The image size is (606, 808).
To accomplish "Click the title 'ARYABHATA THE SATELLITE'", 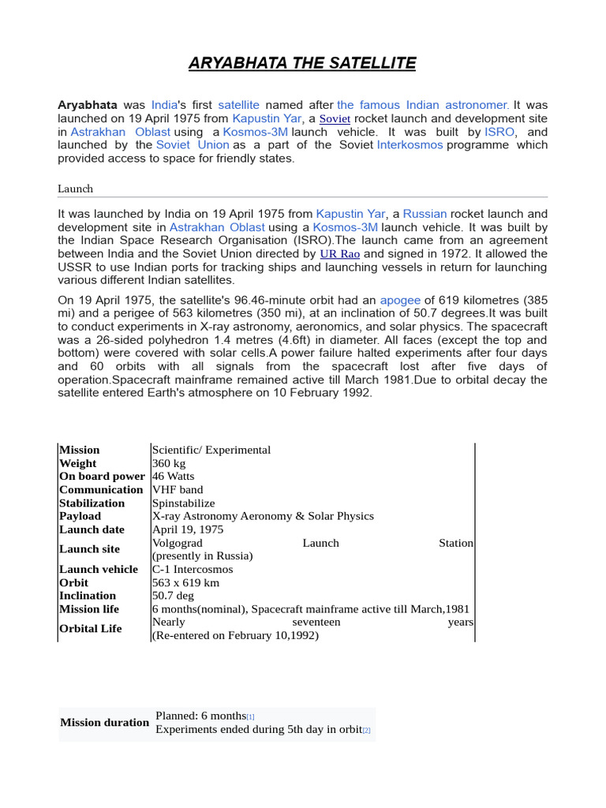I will [x=302, y=63].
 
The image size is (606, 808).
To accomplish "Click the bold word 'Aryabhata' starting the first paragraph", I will [x=88, y=105].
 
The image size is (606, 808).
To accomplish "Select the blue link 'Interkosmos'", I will [x=410, y=145].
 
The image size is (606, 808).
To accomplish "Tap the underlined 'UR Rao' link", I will [x=340, y=254].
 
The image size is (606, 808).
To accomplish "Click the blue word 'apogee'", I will [x=400, y=300].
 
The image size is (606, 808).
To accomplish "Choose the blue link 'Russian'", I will [x=425, y=214].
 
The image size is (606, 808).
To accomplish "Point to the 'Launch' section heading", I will [x=76, y=189].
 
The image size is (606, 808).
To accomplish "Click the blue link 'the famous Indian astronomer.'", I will [x=423, y=105].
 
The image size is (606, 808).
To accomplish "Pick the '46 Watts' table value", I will [x=173, y=477].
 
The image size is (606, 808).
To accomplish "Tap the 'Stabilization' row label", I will [x=92, y=503].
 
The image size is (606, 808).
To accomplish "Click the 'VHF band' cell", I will [x=178, y=490].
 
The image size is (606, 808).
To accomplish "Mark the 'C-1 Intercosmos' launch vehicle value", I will [x=193, y=569].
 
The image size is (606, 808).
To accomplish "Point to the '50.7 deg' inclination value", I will [x=173, y=596].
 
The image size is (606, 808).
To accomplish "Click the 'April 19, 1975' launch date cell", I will [x=188, y=529].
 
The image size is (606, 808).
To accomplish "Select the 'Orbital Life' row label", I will [x=91, y=629].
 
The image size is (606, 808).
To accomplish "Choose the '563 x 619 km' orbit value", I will [x=185, y=582].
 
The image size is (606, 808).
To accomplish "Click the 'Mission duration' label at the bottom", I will [x=105, y=722].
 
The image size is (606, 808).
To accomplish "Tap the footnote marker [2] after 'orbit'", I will [x=366, y=731].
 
